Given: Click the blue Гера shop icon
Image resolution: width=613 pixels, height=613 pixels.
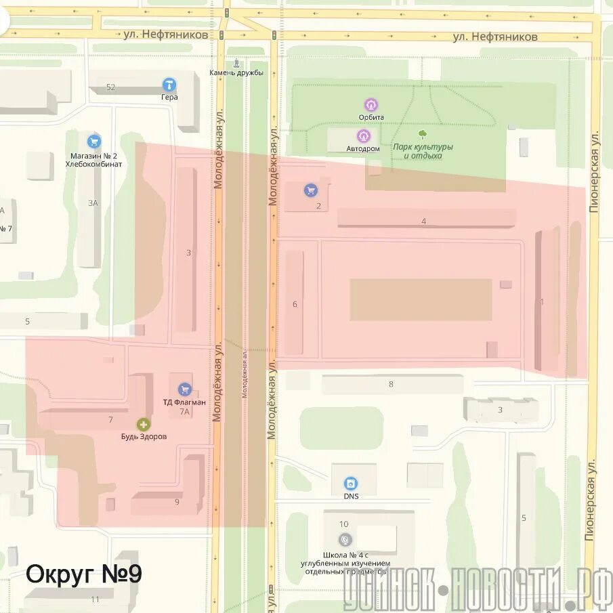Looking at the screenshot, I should [x=169, y=85].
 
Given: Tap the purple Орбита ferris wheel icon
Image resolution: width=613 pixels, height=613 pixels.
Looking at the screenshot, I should [x=371, y=105].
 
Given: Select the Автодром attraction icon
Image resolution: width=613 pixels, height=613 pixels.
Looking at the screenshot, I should [x=363, y=136].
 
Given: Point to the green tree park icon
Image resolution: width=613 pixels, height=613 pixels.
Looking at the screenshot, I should [x=423, y=134].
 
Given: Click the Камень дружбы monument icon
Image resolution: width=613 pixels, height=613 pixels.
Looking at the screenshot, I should [x=236, y=64].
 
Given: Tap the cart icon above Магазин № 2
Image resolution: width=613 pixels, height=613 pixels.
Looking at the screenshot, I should [x=94, y=142].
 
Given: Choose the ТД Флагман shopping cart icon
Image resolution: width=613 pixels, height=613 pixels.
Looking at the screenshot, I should [x=184, y=389].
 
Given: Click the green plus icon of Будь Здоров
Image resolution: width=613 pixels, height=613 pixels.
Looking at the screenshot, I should [x=144, y=425].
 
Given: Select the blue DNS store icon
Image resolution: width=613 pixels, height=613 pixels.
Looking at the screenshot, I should [x=350, y=484].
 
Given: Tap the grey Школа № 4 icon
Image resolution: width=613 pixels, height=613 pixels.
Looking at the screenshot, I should [x=345, y=539].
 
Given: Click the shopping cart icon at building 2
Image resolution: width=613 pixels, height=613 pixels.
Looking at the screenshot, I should [x=311, y=190].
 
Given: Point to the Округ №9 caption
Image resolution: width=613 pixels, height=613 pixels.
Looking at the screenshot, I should [x=84, y=574].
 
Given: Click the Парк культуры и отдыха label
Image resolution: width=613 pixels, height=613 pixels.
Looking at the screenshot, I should [x=423, y=151].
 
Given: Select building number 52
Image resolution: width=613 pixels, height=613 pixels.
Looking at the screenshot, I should [x=111, y=87].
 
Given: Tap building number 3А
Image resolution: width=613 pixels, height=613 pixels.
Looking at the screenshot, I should [x=93, y=203].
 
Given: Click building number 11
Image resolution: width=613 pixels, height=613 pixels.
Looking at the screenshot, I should [x=95, y=599].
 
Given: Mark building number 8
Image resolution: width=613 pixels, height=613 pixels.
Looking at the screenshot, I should [x=391, y=384].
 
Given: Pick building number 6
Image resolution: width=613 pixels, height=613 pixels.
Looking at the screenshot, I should [x=295, y=304].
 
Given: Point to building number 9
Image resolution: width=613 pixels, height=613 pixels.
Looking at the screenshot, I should [x=177, y=502].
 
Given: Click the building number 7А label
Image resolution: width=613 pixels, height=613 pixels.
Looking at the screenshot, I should [x=184, y=411].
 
